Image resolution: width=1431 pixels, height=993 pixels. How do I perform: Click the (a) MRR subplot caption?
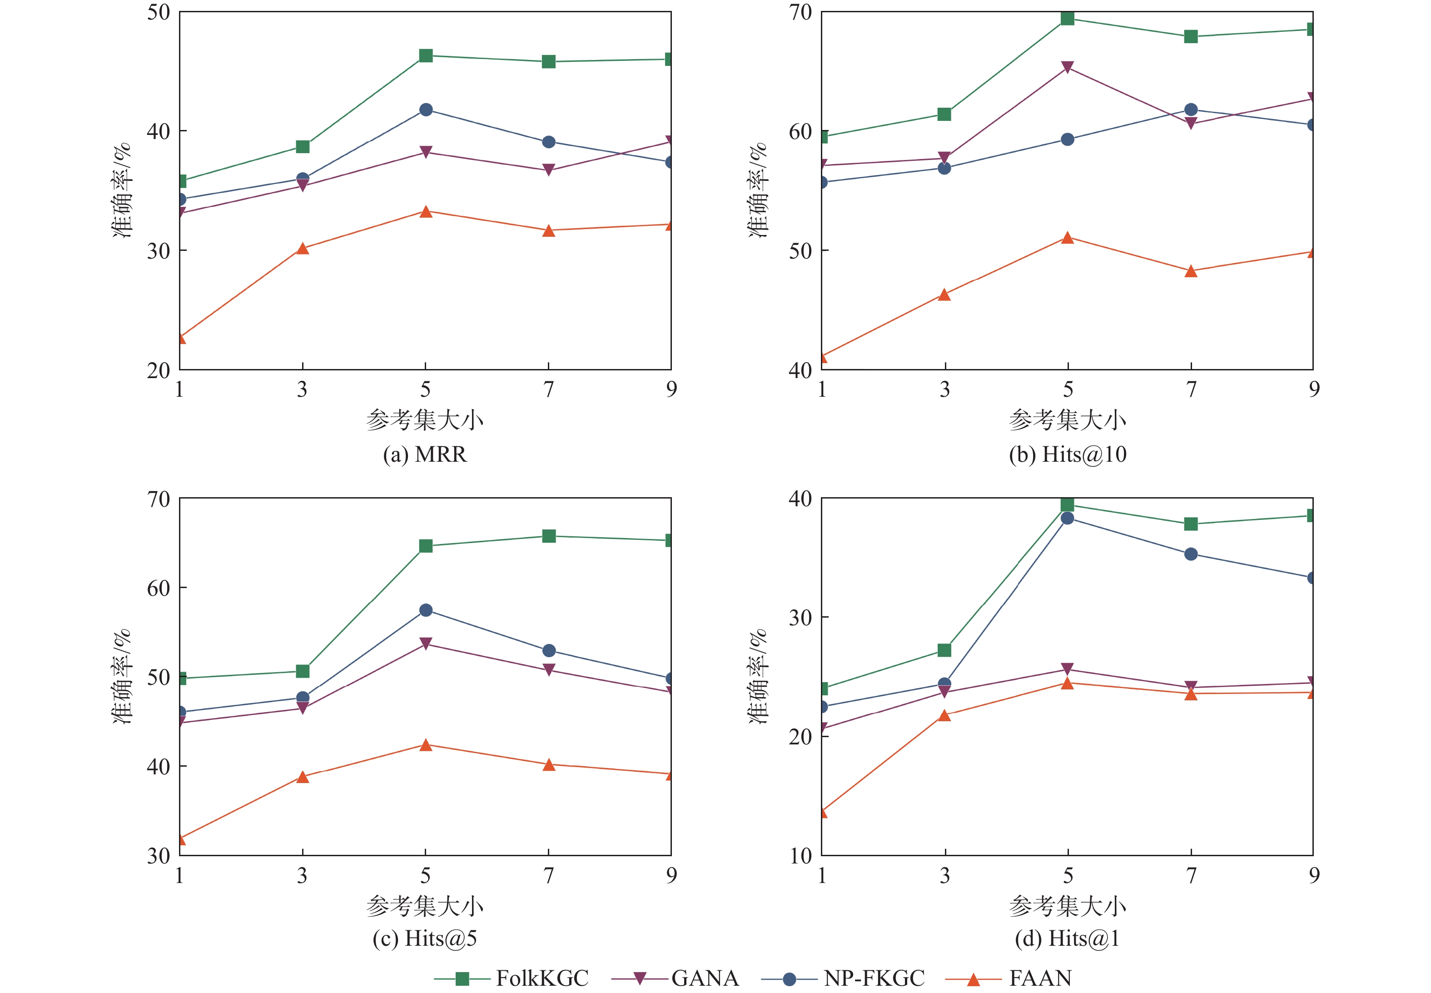(425, 454)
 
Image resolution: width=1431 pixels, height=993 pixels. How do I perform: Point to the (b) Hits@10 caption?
(1067, 454)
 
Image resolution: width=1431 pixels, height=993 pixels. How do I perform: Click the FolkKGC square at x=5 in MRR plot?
(425, 56)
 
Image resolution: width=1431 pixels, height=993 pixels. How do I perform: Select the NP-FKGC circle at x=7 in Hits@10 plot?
(1190, 110)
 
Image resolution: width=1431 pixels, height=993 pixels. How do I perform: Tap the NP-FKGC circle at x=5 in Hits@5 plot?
(425, 610)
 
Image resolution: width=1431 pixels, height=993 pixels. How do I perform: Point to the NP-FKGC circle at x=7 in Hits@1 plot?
(1190, 554)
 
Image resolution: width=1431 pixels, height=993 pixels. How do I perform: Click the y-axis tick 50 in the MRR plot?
(159, 12)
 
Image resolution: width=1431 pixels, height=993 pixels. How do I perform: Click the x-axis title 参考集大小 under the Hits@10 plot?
(1067, 420)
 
